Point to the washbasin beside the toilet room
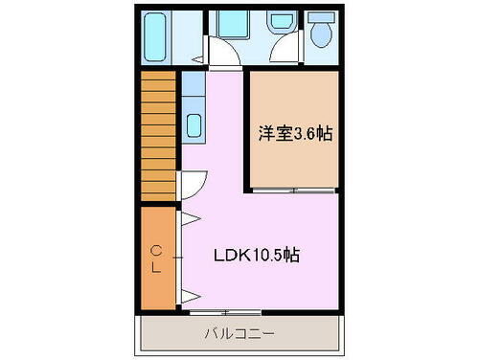(x=281, y=22)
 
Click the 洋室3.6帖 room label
(x=294, y=133)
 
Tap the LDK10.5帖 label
(x=255, y=256)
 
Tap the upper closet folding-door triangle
(x=189, y=219)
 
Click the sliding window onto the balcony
(x=226, y=312)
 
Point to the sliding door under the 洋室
(x=294, y=191)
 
